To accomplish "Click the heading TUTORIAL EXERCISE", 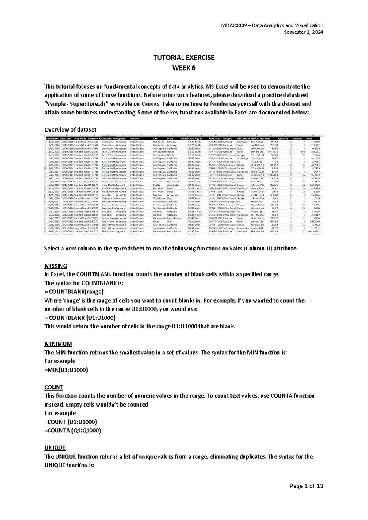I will (x=184, y=58).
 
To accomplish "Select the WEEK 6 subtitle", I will (x=184, y=68).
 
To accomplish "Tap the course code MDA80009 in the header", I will (x=234, y=25).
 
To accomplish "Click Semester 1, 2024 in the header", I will (x=304, y=32).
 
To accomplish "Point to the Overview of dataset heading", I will (x=70, y=130).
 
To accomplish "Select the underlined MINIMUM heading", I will (x=58, y=344).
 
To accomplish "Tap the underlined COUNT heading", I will (x=54, y=387).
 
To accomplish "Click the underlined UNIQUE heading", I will (x=55, y=448).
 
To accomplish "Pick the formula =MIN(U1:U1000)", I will (x=66, y=370).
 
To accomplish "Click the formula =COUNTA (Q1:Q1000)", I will (x=72, y=430).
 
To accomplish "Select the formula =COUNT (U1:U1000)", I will (x=71, y=422).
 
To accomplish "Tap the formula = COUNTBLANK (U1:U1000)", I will (x=80, y=318).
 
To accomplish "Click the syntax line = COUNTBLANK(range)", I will (x=74, y=292).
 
